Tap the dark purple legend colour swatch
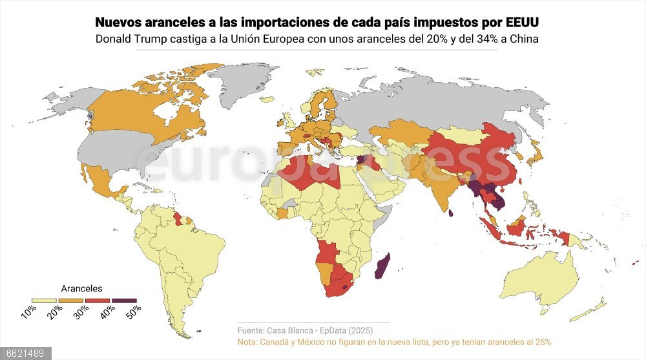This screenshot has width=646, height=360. coord(124,301)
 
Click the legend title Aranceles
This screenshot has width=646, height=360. coord(81,288)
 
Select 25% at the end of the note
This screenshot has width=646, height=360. coord(541,341)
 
